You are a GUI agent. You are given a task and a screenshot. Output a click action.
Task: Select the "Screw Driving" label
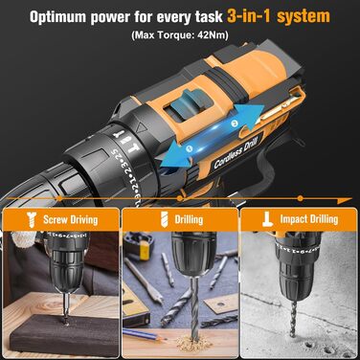click(x=71, y=219)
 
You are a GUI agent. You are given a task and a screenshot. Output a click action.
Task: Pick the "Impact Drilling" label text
click(x=306, y=219)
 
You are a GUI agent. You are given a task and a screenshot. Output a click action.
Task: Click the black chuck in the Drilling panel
click(x=181, y=254)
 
